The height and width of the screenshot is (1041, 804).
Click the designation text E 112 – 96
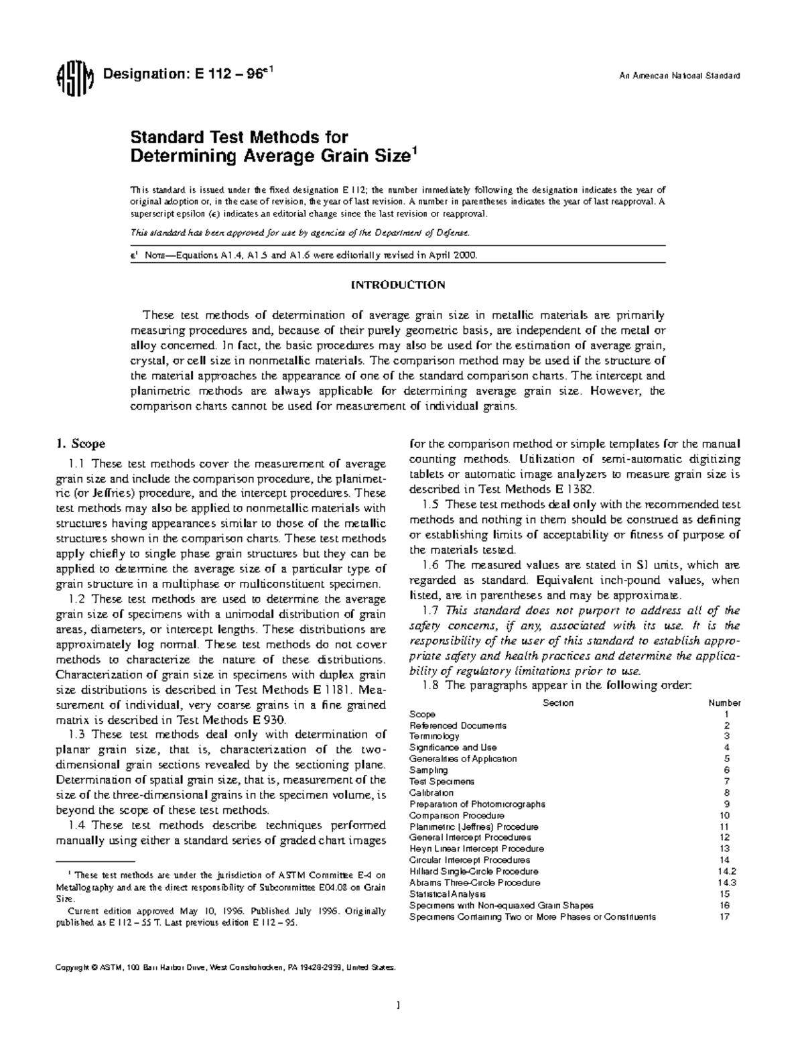coord(186,75)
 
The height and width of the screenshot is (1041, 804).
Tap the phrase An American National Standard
coord(678,76)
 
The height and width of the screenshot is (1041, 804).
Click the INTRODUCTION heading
coord(398,285)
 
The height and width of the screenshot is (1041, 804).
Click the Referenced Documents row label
coord(458,725)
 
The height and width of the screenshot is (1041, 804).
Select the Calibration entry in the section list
coord(431,793)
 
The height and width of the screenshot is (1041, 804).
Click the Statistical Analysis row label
coord(448,894)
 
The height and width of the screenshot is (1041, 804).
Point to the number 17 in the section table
coord(724,917)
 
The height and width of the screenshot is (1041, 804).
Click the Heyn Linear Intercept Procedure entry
coord(476,849)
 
